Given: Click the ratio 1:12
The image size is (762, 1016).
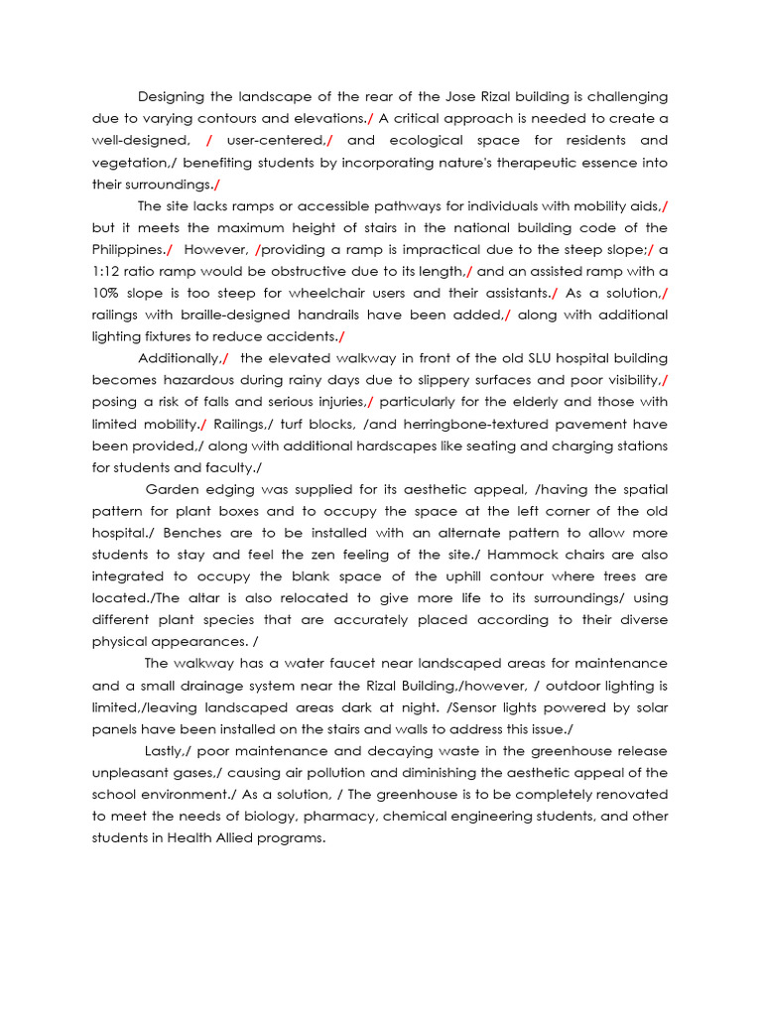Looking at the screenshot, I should [x=109, y=271].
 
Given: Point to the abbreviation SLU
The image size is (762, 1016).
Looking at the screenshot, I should [x=477, y=357].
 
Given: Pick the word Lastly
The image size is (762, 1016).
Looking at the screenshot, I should [x=167, y=750].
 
